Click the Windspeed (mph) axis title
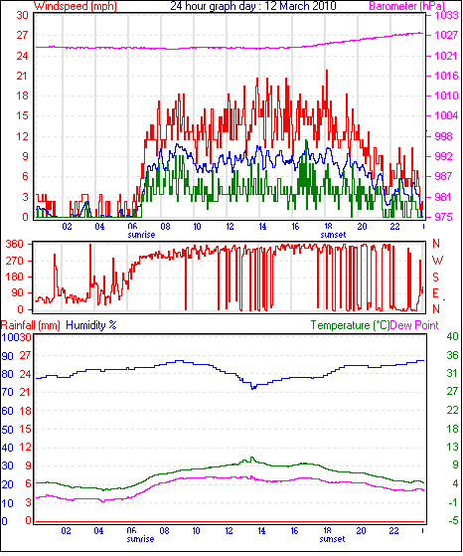[76, 6]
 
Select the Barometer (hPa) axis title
[406, 6]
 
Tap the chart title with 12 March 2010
[253, 6]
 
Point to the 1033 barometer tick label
[447, 15]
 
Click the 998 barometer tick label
[443, 136]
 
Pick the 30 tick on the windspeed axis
[22, 15]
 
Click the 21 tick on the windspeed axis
[22, 76]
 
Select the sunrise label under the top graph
[141, 235]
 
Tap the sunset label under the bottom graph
[332, 539]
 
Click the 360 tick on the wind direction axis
[15, 244]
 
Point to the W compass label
[437, 261]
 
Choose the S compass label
[436, 277]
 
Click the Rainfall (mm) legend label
[31, 325]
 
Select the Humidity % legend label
[91, 325]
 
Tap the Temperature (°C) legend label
[350, 325]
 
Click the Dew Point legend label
[414, 325]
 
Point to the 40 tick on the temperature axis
[452, 336]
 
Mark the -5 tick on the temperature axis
[452, 521]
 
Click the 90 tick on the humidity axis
[7, 356]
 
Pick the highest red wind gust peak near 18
[327, 71]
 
